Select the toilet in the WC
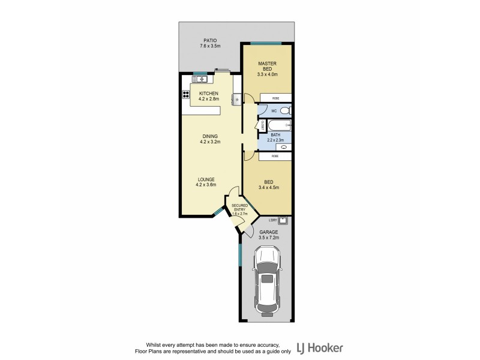[286, 110]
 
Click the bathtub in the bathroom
[279, 126]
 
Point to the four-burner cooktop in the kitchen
[186, 94]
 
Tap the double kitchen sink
[200, 79]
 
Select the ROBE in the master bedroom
[275, 98]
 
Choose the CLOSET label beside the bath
[262, 125]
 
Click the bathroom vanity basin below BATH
[283, 146]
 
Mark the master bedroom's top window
[266, 43]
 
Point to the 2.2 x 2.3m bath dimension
[275, 140]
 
